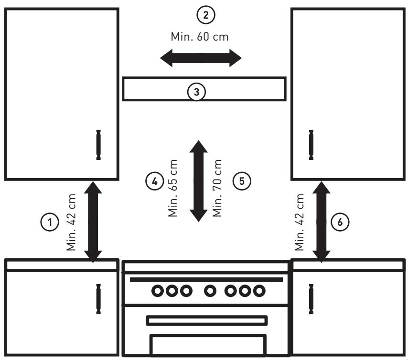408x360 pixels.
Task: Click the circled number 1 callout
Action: coord(50,222)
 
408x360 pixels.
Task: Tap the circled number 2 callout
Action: coord(206,15)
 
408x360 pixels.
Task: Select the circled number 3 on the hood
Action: coord(196,92)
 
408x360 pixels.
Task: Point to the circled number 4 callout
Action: coord(155,181)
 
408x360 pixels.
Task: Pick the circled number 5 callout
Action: coord(242,181)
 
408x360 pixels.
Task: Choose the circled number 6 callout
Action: coord(340,222)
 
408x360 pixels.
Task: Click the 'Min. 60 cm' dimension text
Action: coord(200,37)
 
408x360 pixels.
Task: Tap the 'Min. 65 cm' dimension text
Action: coord(173,188)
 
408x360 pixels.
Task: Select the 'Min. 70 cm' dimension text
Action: coord(217,188)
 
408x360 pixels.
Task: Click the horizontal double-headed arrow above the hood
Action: coord(201,58)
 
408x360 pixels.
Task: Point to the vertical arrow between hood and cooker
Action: coord(199,181)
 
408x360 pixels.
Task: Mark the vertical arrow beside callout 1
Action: coord(93,222)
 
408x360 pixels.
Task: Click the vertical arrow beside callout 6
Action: coord(322,222)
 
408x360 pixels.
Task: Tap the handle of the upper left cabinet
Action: coord(98,145)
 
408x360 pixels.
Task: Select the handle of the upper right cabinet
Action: coord(311,145)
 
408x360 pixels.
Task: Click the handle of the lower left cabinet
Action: coord(98,299)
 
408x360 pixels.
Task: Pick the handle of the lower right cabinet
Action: coord(311,299)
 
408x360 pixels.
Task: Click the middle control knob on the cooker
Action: coord(210,291)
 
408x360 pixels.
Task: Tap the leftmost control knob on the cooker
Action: coord(158,291)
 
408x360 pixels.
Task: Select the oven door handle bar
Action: coord(207,320)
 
